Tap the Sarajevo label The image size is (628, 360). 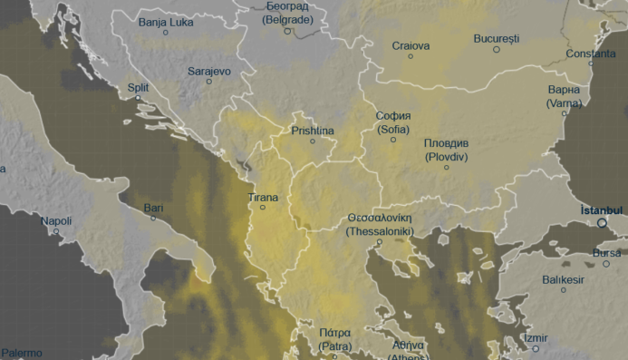click(x=209, y=71)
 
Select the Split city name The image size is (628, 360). click(x=138, y=88)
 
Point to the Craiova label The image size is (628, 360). click(x=410, y=45)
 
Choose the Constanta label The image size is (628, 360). click(x=590, y=54)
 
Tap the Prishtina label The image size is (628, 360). click(x=313, y=131)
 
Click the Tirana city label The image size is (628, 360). click(x=263, y=197)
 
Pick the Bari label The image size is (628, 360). click(x=154, y=209)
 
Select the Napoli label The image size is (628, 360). click(x=55, y=221)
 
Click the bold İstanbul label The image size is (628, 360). click(x=602, y=209)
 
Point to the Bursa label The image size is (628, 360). click(x=606, y=253)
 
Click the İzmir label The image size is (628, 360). click(x=536, y=338)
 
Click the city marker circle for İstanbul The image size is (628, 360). click(x=602, y=222)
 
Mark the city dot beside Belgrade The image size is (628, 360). click(x=287, y=31)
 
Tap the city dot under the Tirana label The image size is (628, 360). click(x=263, y=208)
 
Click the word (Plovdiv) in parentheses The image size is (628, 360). click(x=446, y=157)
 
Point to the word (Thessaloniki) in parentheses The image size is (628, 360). click(x=380, y=232)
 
